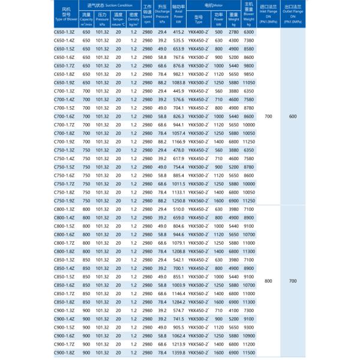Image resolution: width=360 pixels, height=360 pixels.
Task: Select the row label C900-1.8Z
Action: tap(64, 354)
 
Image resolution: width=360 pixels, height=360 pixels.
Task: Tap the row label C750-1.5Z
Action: tap(64, 166)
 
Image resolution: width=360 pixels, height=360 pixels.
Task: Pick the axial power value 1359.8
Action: tap(178, 354)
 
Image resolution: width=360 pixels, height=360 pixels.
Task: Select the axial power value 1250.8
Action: tap(178, 200)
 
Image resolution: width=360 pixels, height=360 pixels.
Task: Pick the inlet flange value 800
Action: tap(268, 281)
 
